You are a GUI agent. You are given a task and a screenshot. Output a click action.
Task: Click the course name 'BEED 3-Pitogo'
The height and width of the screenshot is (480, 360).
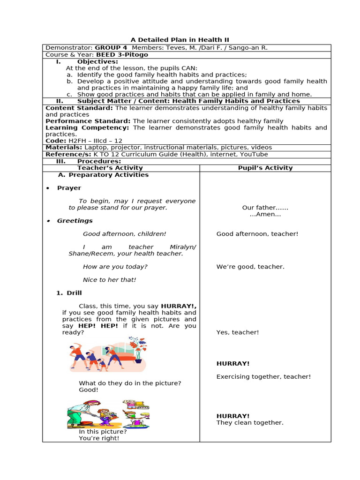click(122, 55)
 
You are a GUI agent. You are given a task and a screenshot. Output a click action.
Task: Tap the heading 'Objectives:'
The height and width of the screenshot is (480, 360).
click(97, 61)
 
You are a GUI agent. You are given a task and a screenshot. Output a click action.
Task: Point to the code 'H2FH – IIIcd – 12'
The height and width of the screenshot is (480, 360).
click(95, 141)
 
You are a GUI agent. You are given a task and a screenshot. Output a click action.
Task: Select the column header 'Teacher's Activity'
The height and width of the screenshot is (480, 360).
click(110, 168)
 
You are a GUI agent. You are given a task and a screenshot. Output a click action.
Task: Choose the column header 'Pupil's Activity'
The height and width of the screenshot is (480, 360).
click(265, 168)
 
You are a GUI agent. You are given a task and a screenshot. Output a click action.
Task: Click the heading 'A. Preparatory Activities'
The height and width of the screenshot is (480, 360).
click(103, 175)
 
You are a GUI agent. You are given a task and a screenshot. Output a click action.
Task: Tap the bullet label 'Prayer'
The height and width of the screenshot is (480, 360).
click(69, 188)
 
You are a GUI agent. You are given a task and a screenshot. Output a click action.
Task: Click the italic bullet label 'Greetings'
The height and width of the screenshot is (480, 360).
click(75, 221)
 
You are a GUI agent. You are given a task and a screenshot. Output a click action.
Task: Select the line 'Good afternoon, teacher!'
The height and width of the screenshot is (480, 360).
click(257, 234)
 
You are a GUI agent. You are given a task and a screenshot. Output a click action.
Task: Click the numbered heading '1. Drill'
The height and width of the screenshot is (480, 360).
click(68, 293)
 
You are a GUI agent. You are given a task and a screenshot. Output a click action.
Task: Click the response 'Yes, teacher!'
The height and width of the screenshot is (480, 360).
click(237, 332)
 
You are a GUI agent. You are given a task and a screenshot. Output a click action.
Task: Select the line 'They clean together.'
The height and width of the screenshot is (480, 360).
click(250, 422)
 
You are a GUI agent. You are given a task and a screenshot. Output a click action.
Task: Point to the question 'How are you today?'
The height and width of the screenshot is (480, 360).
click(115, 267)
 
